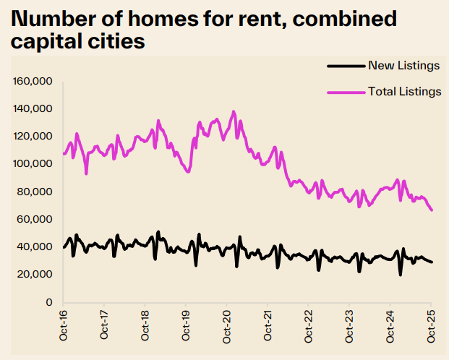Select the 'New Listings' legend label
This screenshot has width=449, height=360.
click(x=403, y=66)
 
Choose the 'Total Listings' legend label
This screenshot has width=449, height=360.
click(x=404, y=91)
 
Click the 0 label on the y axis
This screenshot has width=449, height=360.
click(x=48, y=302)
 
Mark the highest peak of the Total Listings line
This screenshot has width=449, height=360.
click(x=234, y=111)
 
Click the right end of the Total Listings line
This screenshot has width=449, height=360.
click(x=432, y=210)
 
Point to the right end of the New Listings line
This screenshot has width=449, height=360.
click(x=432, y=262)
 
